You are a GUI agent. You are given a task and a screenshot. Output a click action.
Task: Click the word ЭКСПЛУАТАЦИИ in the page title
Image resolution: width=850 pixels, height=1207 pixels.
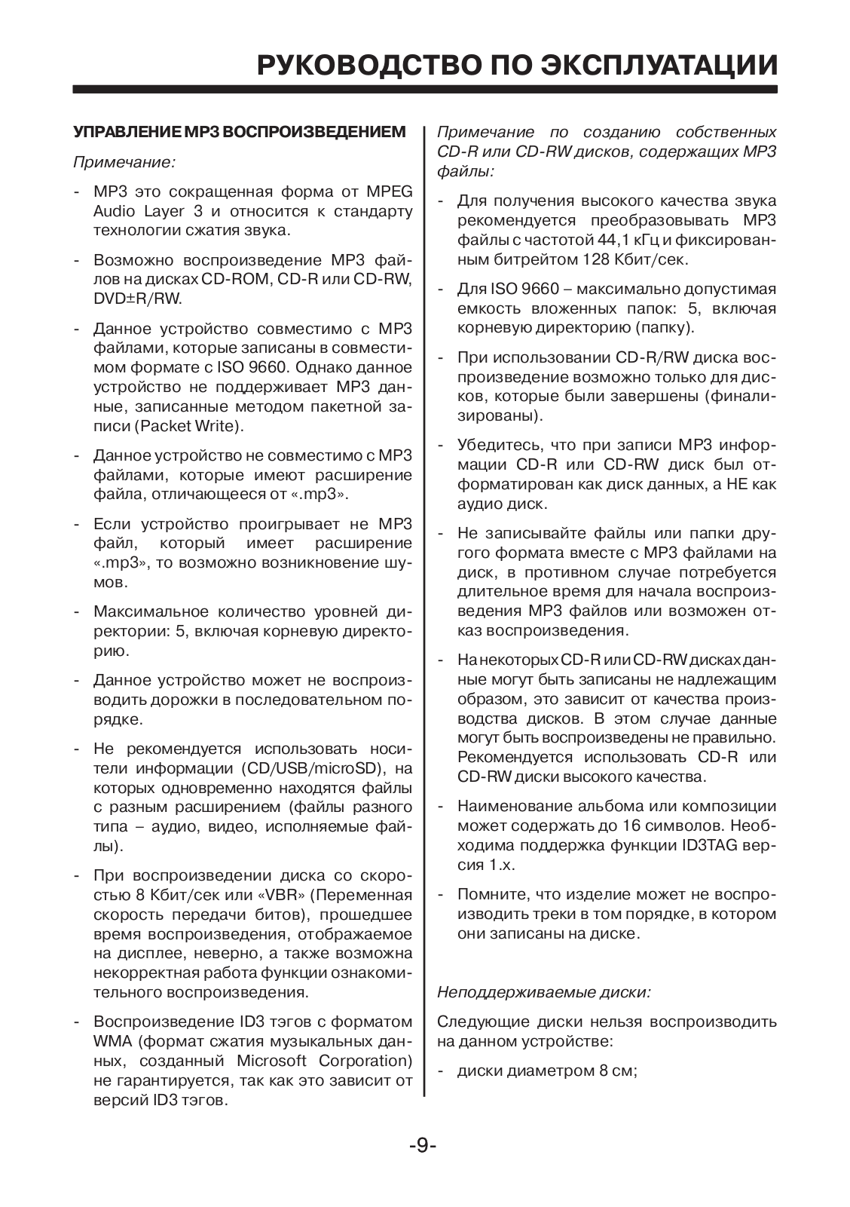coord(658,66)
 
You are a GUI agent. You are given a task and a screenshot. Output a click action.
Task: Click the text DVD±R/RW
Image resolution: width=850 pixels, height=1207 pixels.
coord(138,299)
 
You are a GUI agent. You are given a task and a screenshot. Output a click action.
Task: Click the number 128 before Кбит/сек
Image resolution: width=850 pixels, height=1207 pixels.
coord(598,259)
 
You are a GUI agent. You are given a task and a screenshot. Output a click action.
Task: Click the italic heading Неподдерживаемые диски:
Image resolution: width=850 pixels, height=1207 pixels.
coord(544,992)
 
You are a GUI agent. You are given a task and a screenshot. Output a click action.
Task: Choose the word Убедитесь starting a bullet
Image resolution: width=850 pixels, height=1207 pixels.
coord(500,445)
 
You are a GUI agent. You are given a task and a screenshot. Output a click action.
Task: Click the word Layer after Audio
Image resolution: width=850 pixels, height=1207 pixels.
coord(164,211)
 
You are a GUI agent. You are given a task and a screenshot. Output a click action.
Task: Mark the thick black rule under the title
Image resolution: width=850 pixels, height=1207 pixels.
coord(425,89)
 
